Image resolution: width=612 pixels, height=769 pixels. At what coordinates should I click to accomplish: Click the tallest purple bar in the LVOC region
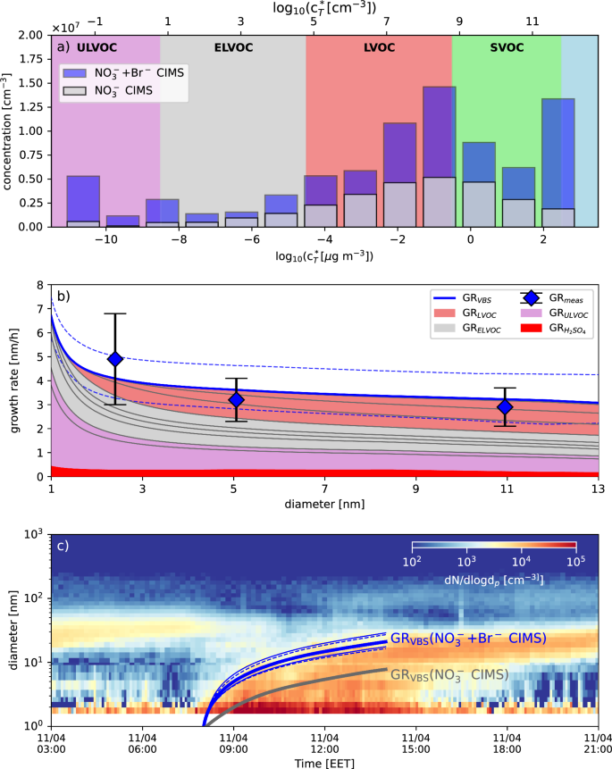[439, 156]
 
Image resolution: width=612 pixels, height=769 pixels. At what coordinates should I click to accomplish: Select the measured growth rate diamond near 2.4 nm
[114, 359]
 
